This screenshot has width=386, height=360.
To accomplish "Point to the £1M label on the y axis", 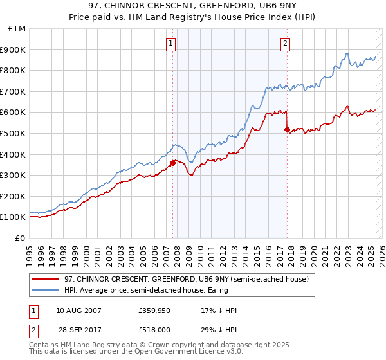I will point(17,29).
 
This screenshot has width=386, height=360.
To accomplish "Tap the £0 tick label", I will point(21,238).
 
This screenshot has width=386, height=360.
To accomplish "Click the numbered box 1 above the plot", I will point(172,44).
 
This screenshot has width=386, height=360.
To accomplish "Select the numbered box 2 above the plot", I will point(285,44).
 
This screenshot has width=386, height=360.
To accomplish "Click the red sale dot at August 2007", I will point(172,163).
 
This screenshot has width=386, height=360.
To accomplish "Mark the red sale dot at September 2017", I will point(287,129).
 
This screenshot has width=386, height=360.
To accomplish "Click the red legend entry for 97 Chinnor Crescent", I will point(187,279).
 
